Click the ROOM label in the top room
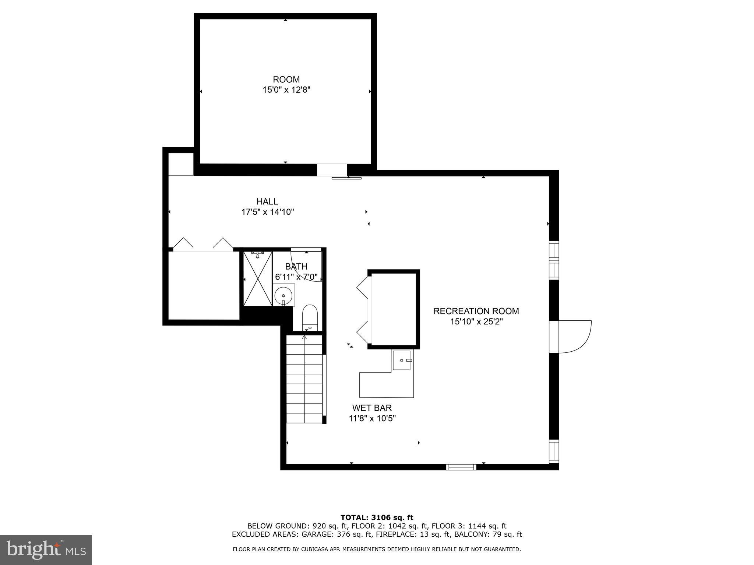pos(286,79)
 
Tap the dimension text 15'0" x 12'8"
pos(286,90)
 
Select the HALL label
pos(267,202)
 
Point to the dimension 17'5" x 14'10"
pos(267,212)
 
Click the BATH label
pos(296,266)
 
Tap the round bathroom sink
pos(283,295)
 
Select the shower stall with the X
pos(258,278)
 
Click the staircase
pos(304,379)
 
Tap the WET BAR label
pos(372,408)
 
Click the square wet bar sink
pos(402,360)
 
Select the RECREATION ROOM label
pos(476,311)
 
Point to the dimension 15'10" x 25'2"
pos(476,322)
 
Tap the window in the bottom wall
pos(461,467)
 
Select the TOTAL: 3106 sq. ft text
pos(377,518)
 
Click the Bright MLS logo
pos(46,550)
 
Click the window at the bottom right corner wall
pos(554,451)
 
